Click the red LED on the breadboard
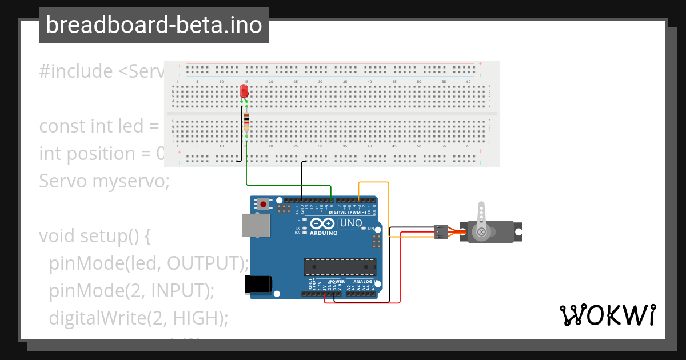(244, 91)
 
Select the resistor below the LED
(246, 122)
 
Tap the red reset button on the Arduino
(263, 203)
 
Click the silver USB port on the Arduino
(256, 225)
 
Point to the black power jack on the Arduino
(258, 284)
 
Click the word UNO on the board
(351, 223)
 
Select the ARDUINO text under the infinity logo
(324, 233)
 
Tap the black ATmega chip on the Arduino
(340, 267)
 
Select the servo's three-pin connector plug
(441, 231)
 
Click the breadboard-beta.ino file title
(154, 25)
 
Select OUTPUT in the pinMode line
(205, 263)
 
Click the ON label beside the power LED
(370, 229)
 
